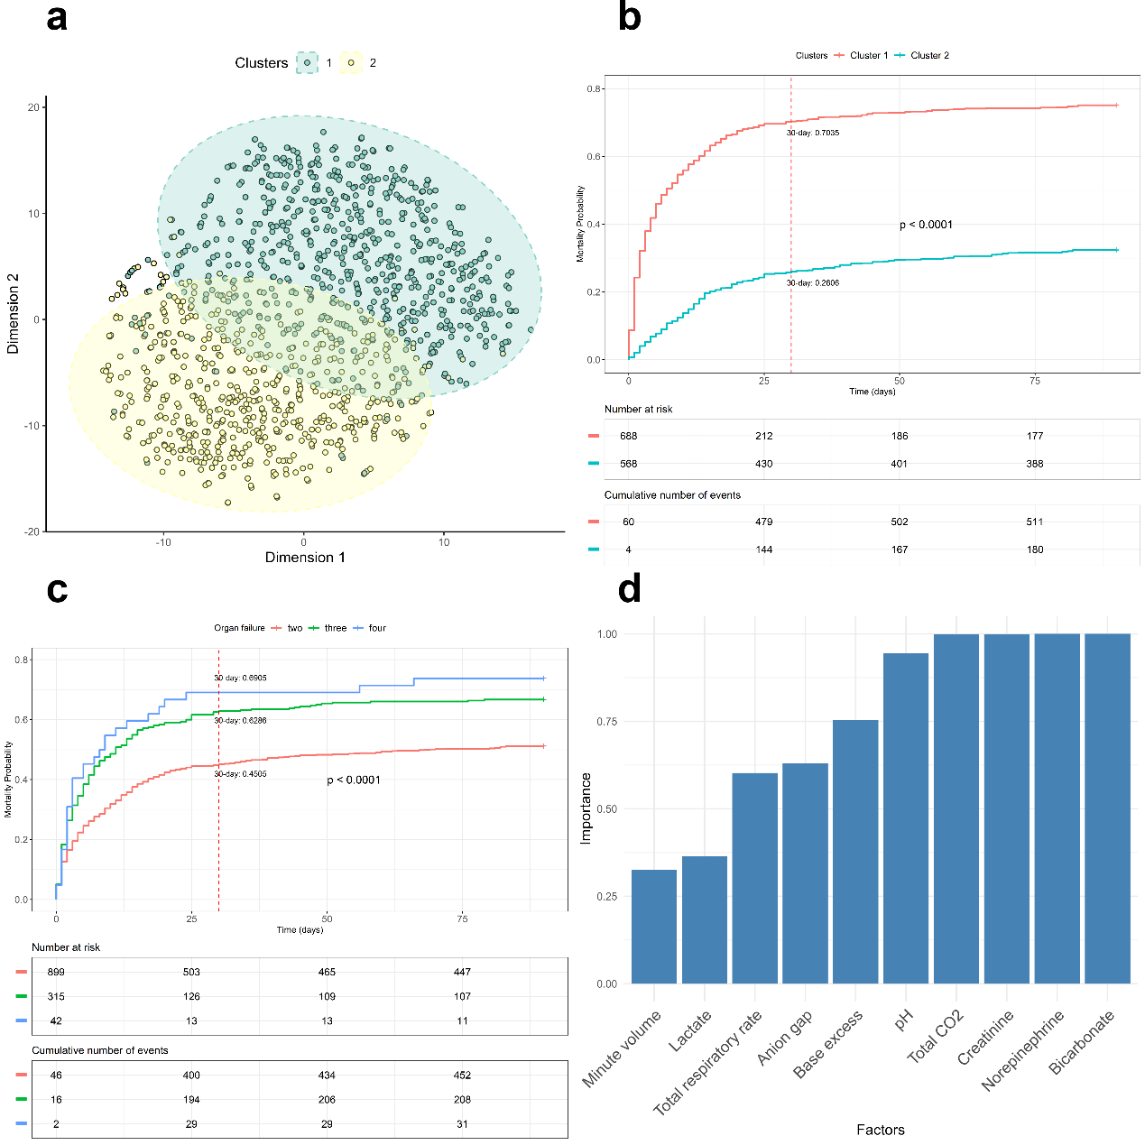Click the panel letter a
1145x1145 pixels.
tap(57, 17)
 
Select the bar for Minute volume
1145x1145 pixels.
tap(654, 927)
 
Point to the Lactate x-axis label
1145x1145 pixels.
tap(691, 1030)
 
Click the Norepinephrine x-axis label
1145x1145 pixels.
tap(1023, 1050)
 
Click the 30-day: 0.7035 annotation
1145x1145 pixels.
tap(813, 133)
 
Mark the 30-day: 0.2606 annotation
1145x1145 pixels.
tap(813, 283)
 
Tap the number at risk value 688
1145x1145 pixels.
tap(629, 436)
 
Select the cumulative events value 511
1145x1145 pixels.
tap(1035, 522)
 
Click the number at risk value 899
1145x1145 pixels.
tap(56, 972)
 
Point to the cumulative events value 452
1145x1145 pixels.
tap(462, 1075)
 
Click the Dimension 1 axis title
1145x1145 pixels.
tap(305, 558)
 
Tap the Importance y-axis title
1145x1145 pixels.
tap(586, 808)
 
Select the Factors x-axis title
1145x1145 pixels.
tap(881, 1130)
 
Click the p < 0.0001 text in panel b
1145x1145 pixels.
tap(926, 225)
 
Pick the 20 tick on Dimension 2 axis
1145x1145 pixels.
tap(33, 107)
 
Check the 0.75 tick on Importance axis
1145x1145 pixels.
tap(607, 722)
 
